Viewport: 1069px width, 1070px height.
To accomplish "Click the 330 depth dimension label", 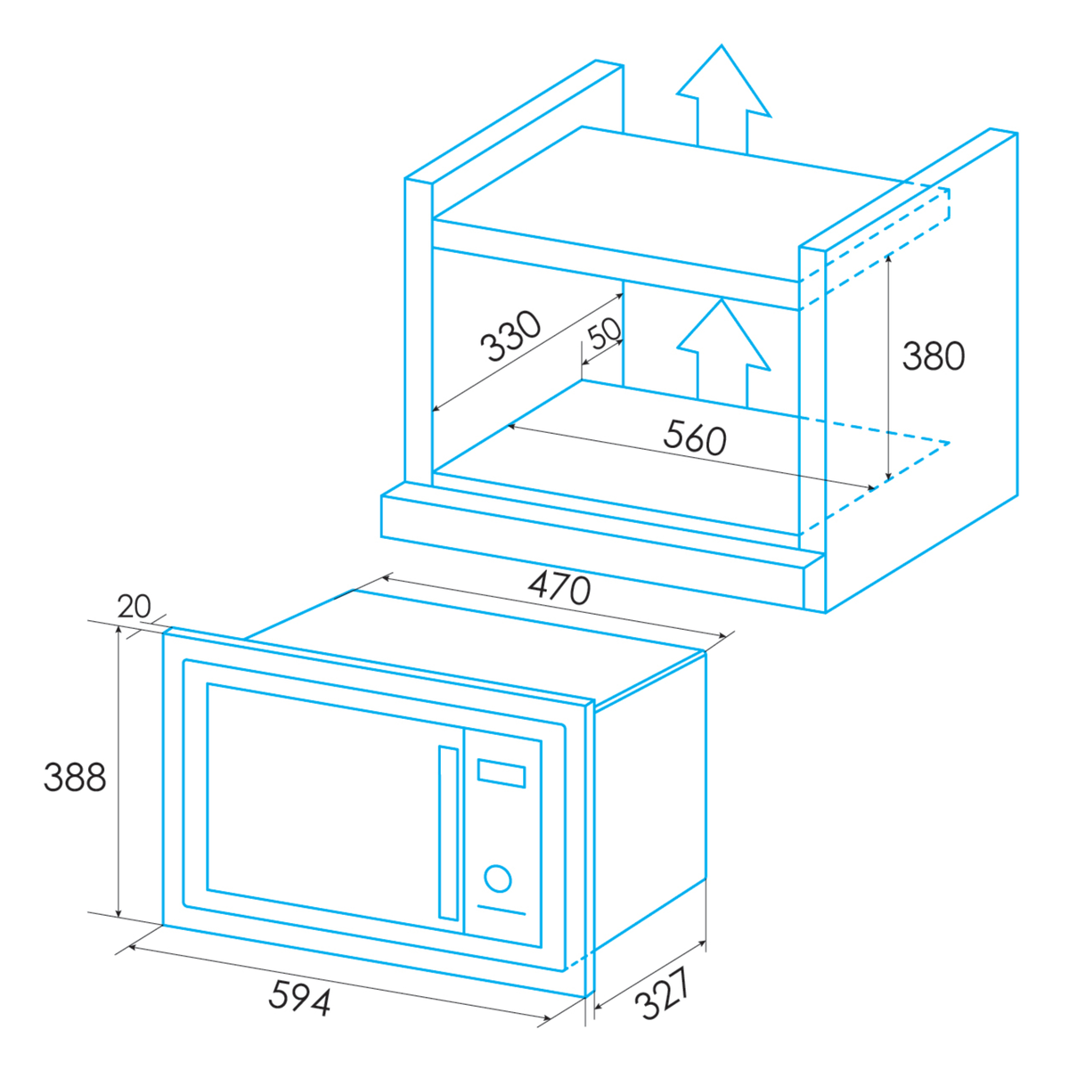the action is tap(510, 337).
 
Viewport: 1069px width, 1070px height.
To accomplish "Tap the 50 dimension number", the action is tap(604, 333).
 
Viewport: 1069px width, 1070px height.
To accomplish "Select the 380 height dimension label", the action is tap(934, 355).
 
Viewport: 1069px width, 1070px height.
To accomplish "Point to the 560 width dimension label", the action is tap(695, 437).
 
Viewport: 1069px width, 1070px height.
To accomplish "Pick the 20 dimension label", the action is tap(134, 607).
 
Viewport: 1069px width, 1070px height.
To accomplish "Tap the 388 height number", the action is tap(75, 777).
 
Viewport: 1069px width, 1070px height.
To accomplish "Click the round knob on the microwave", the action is tap(498, 878).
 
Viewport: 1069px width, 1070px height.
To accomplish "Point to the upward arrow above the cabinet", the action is tap(722, 100).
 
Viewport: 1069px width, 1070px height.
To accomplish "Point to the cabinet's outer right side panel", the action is tap(922, 366).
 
